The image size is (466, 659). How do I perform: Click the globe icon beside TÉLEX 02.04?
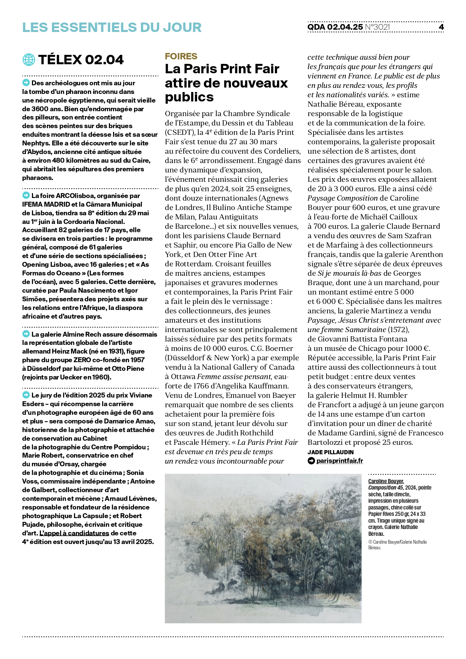[x=29, y=60]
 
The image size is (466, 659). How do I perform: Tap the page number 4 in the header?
[x=441, y=27]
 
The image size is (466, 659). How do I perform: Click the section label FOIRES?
[x=181, y=56]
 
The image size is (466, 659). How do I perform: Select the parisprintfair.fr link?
[x=339, y=461]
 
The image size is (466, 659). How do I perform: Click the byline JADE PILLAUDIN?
[x=330, y=452]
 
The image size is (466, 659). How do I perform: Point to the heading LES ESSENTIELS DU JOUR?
[x=112, y=27]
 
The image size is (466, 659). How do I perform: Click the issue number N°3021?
[x=377, y=27]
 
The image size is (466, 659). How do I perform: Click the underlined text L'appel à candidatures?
[x=74, y=533]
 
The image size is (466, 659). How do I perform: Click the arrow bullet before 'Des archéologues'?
[x=26, y=83]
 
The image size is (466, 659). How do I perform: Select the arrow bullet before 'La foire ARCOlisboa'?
[x=26, y=195]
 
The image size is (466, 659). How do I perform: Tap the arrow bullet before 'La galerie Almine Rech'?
[x=26, y=334]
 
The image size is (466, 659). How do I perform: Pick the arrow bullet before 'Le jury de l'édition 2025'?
[x=26, y=395]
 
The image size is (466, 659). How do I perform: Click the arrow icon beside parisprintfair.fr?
[x=311, y=461]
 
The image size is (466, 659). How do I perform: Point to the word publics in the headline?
[x=189, y=97]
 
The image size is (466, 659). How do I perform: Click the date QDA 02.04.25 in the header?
[x=335, y=27]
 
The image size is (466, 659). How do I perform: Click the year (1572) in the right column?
[x=398, y=329]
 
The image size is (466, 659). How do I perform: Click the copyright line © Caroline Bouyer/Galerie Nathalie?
[x=397, y=542]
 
